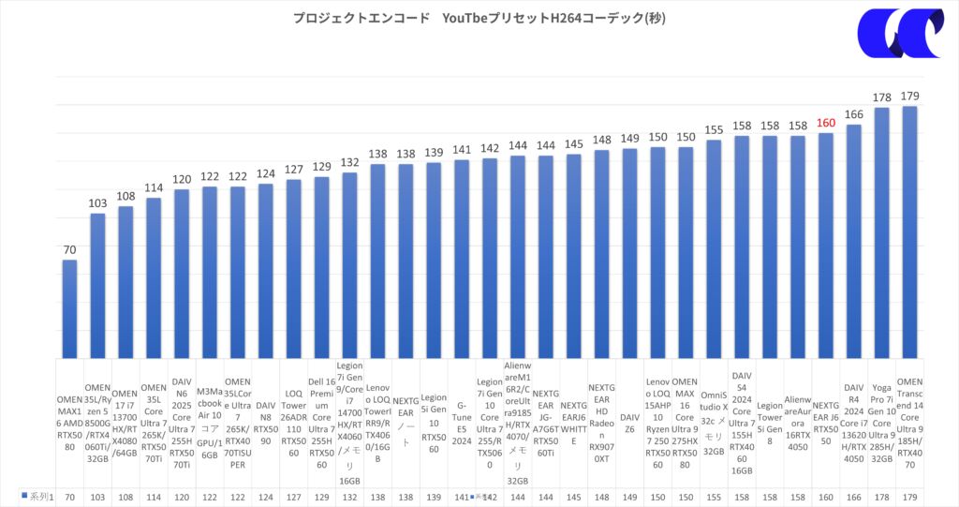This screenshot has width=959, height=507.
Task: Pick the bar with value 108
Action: click(x=125, y=280)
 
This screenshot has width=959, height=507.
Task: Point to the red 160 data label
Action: click(x=825, y=123)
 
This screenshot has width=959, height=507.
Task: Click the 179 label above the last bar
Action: click(x=908, y=96)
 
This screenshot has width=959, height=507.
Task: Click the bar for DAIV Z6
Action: click(x=630, y=252)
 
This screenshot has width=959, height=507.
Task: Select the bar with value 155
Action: click(x=714, y=247)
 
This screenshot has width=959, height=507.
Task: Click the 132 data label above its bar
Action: click(x=349, y=163)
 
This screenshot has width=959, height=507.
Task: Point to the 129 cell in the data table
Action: click(x=321, y=496)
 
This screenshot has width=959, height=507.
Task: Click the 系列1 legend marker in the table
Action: click(x=24, y=496)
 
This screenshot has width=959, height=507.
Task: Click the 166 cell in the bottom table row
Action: click(x=853, y=496)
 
